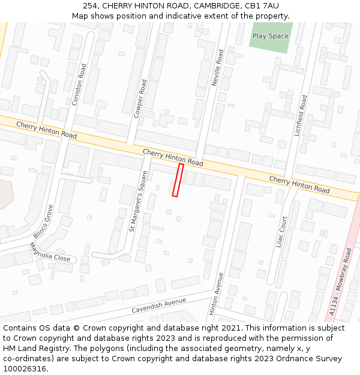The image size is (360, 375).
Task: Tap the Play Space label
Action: click(x=270, y=36)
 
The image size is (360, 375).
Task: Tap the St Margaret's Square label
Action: click(x=139, y=201)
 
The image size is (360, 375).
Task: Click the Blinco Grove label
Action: click(x=43, y=221)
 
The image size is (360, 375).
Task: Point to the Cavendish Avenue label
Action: click(x=159, y=305)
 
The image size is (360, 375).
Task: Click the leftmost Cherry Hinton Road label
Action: click(x=46, y=130)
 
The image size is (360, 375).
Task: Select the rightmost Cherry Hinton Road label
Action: click(x=299, y=184)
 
